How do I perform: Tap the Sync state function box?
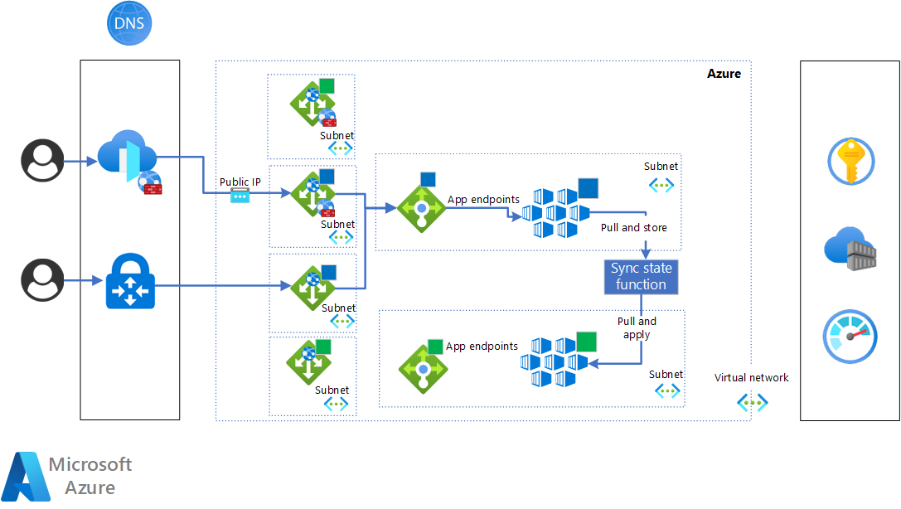point(641,277)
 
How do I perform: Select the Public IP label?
point(240,182)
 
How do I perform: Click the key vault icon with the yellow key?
point(850,161)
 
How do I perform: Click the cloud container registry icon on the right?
point(850,249)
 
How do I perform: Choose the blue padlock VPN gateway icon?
point(130,284)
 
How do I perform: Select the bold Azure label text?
point(724,74)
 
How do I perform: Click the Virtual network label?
point(752,378)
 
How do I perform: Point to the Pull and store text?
point(633,227)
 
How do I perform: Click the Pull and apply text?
point(637,328)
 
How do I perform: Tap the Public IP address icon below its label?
point(240,196)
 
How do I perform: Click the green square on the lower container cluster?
point(586,341)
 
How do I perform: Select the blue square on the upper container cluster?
point(588,188)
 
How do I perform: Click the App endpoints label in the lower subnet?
point(482,347)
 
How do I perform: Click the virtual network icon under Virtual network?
point(752,403)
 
